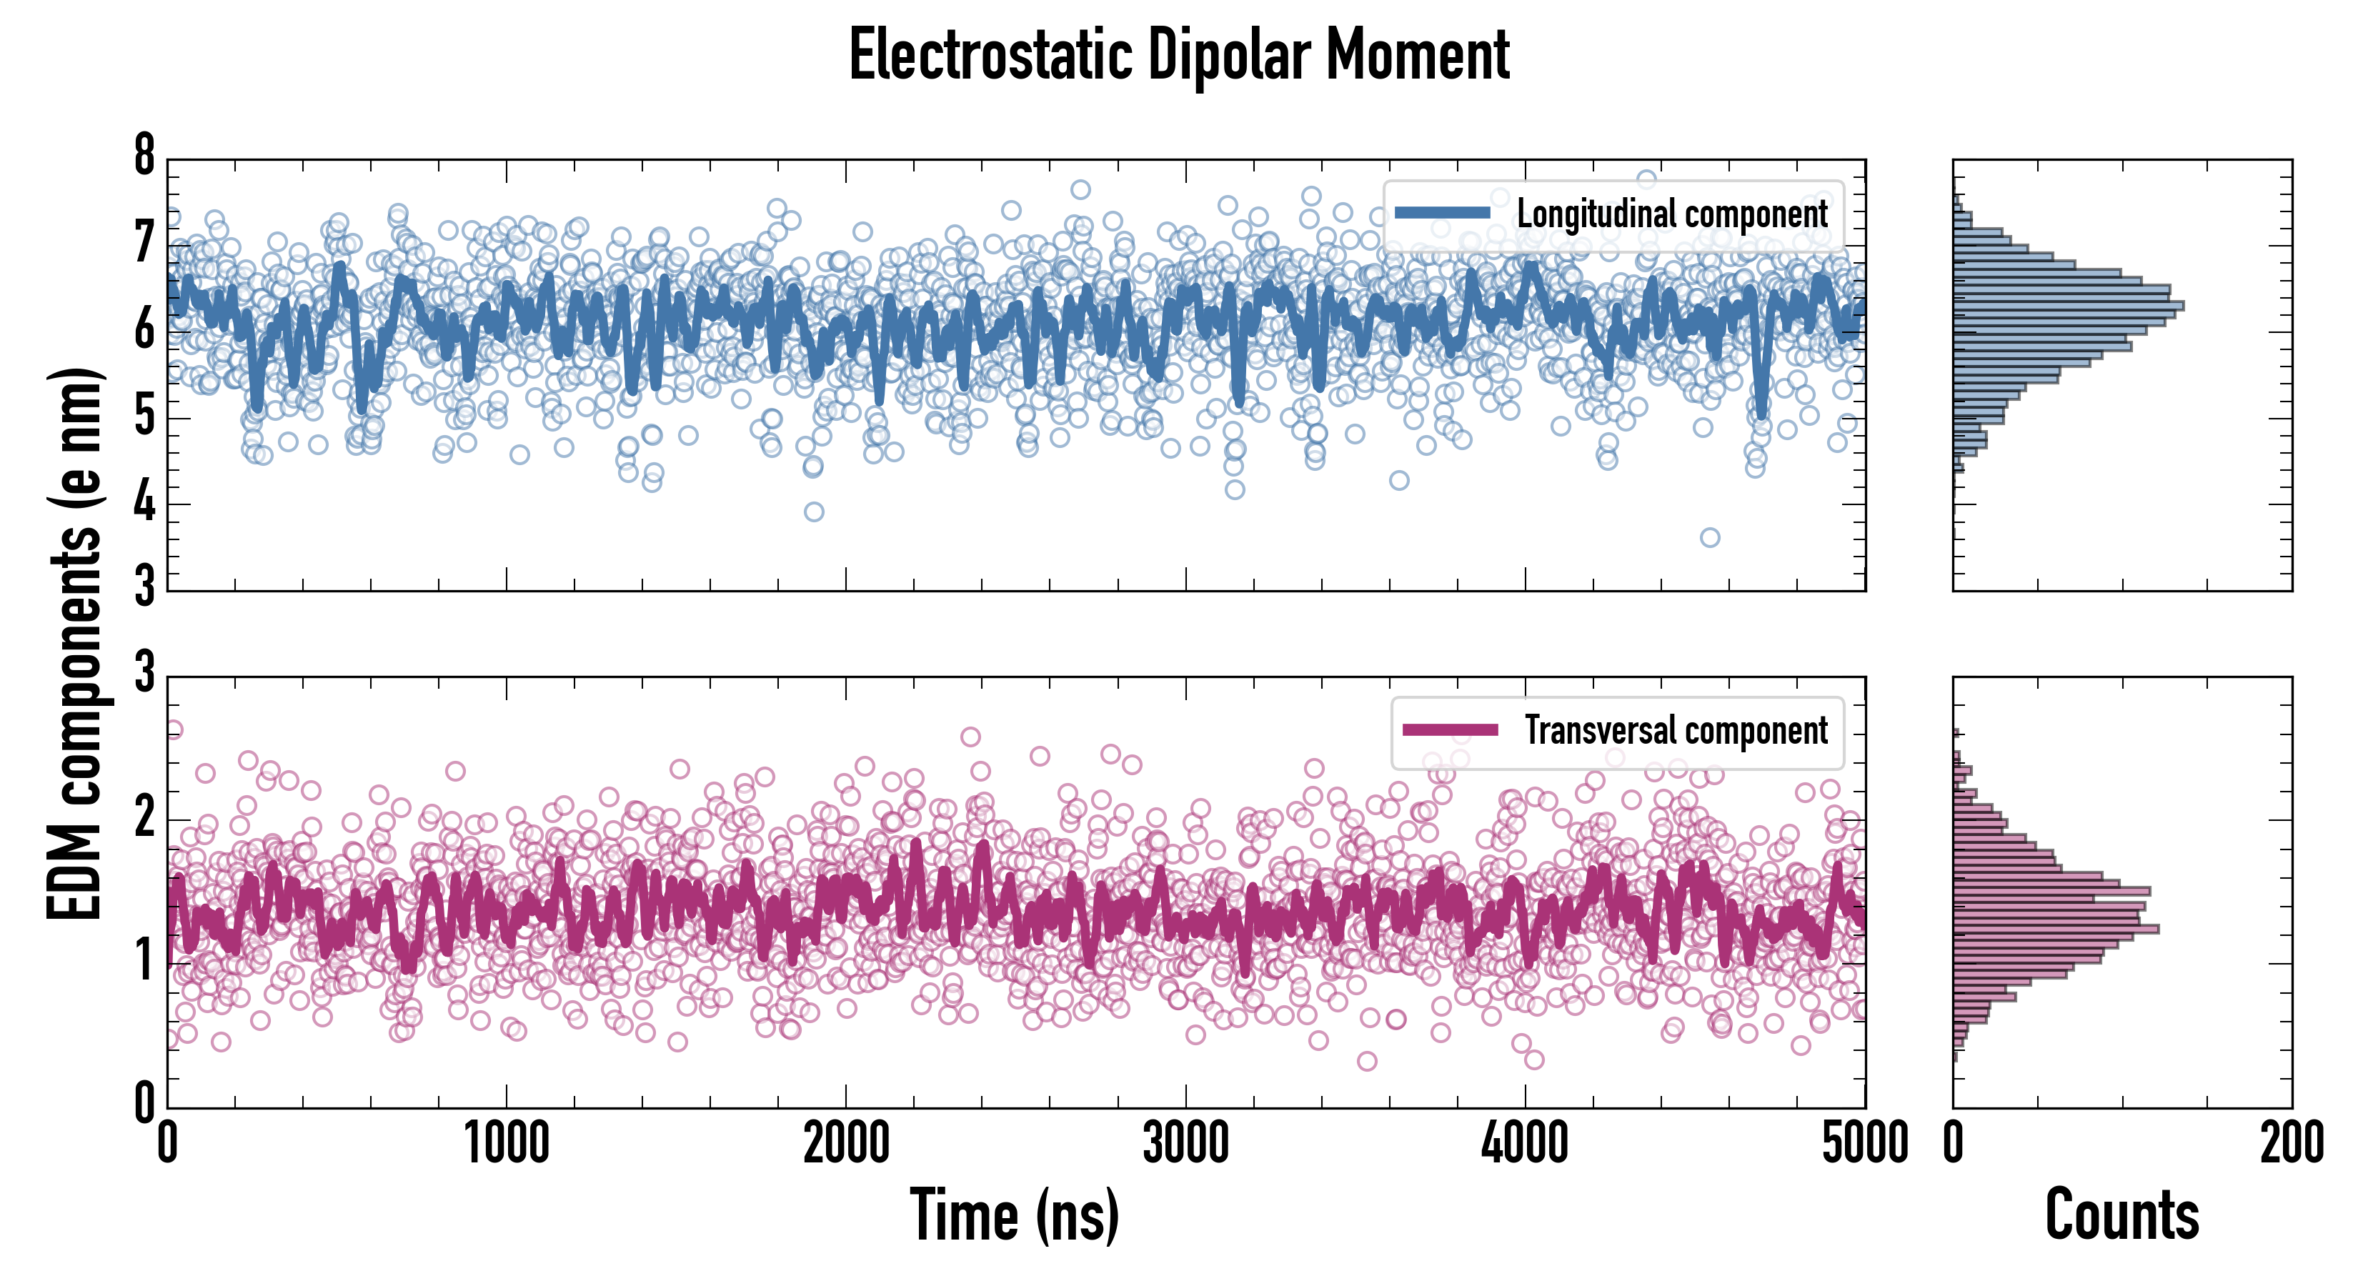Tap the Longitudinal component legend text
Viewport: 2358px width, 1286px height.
point(1671,214)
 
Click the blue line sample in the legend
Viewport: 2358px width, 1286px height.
point(1443,214)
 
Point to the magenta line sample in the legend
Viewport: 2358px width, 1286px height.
point(1450,730)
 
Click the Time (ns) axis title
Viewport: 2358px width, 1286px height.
point(1014,1215)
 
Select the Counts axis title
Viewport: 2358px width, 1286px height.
point(2121,1215)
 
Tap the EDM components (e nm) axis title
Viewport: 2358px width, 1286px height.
point(75,644)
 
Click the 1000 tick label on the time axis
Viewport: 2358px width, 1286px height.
point(506,1144)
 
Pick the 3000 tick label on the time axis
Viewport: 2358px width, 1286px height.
point(1185,1144)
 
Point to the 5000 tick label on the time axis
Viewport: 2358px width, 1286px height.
point(1865,1144)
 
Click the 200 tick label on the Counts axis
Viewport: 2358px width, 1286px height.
point(2291,1144)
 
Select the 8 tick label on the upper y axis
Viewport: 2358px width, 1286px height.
point(144,156)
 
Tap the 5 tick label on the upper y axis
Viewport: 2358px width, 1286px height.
point(144,417)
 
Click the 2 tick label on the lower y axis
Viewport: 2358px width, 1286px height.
point(144,818)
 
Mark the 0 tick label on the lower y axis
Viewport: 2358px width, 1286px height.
point(144,1104)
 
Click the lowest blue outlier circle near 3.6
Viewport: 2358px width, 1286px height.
point(1710,537)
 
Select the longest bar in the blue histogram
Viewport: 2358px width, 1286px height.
point(2068,305)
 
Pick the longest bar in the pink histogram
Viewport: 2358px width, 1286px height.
point(2056,929)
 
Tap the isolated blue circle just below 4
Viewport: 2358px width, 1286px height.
point(814,512)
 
